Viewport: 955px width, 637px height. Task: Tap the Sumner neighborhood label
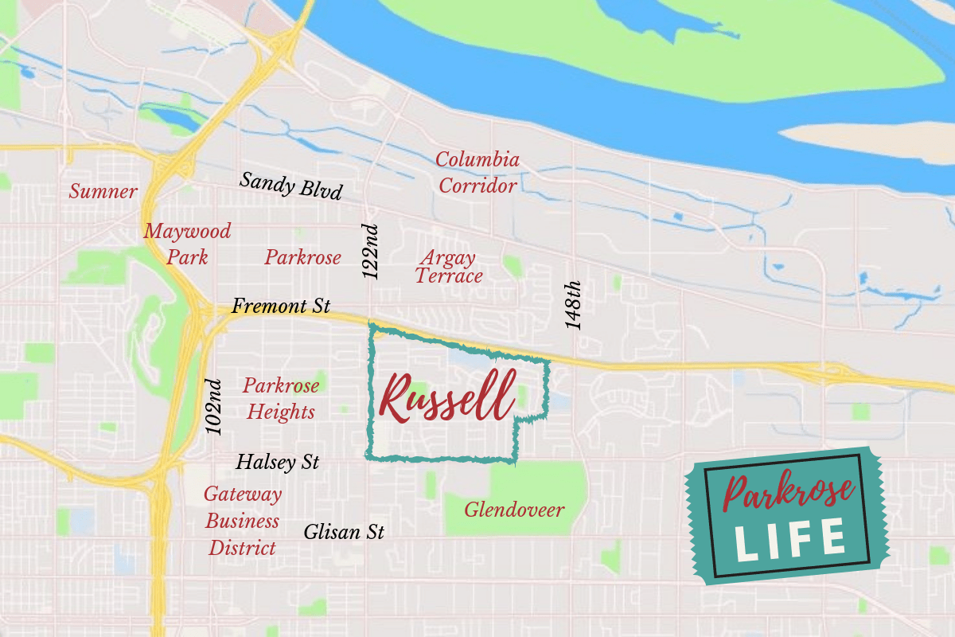coord(103,192)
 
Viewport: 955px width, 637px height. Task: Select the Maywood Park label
coord(187,244)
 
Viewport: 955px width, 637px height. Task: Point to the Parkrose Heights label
coord(281,398)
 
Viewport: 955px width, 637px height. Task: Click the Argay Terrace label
coord(449,267)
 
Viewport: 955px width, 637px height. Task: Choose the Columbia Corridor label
coord(477,173)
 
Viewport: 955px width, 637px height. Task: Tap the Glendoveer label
coord(514,510)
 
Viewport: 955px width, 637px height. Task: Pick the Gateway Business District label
coord(243,521)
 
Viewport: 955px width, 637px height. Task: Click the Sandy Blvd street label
coord(291,186)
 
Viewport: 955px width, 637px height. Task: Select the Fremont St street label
coord(281,306)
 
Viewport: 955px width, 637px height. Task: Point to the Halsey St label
coord(278,462)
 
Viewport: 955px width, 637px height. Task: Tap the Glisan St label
coord(344,532)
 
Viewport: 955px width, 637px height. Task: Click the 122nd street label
coord(372,251)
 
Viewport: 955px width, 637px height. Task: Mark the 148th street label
coord(573,305)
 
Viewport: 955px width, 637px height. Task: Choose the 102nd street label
coord(214,406)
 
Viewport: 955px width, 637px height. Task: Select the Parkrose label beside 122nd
coord(302,257)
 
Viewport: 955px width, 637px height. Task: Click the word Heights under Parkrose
coord(281,412)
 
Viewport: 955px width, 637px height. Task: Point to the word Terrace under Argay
coord(449,276)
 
